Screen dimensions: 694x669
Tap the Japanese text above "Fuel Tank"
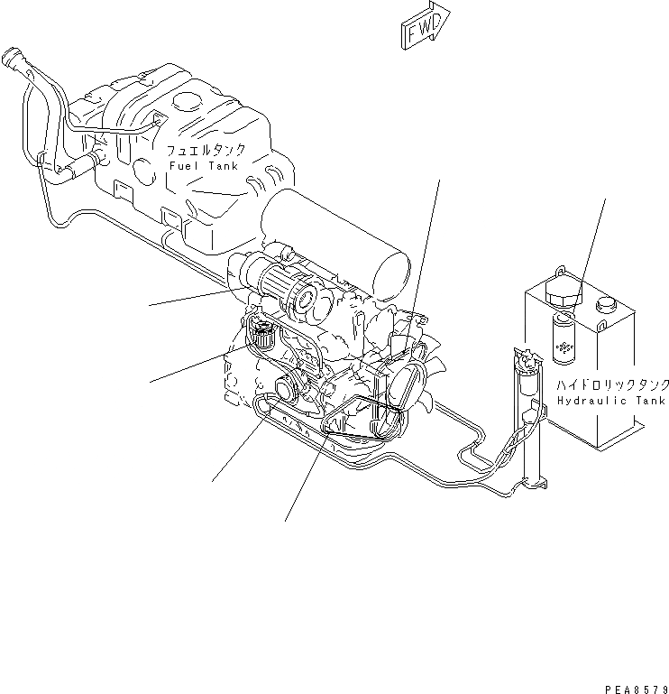point(206,149)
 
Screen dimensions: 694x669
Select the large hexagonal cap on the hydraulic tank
point(565,296)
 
